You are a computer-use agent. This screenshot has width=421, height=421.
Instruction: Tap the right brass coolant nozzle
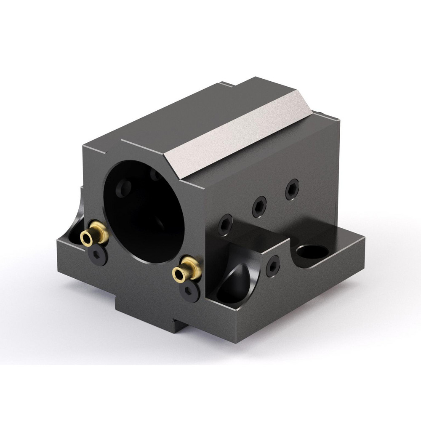(186, 271)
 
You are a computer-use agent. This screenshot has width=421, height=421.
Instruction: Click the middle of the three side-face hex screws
(259, 206)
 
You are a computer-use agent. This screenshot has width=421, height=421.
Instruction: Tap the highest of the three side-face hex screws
(292, 189)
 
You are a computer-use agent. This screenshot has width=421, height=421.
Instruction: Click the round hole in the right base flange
(312, 252)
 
